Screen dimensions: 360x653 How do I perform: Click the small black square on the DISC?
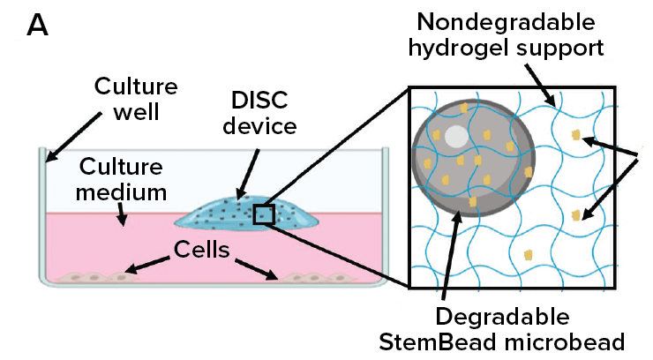pos(265,214)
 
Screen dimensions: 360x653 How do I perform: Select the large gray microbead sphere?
pos(473,155)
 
